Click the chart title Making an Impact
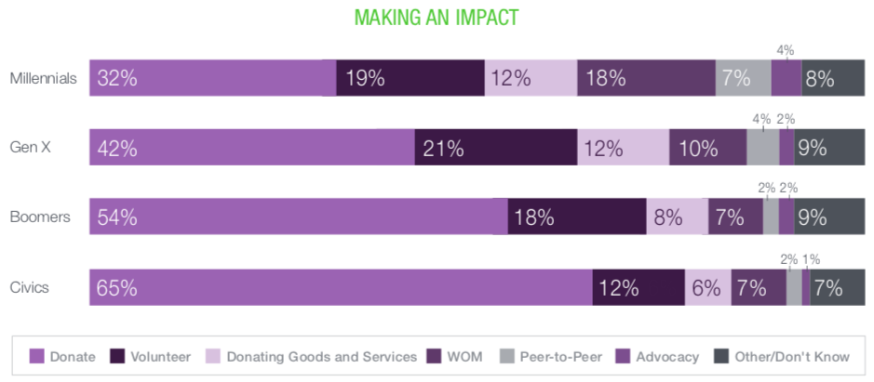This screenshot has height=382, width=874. pyautogui.click(x=437, y=18)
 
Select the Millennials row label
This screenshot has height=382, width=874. pyautogui.click(x=43, y=79)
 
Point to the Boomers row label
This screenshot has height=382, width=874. pyautogui.click(x=40, y=217)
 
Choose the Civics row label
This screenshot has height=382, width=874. pyautogui.click(x=29, y=287)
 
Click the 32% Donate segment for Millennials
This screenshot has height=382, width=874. pyautogui.click(x=213, y=79)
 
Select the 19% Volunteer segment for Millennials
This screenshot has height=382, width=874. pyautogui.click(x=410, y=79)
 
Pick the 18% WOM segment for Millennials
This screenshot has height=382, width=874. pyautogui.click(x=646, y=79)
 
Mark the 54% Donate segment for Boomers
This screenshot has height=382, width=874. pyautogui.click(x=298, y=217)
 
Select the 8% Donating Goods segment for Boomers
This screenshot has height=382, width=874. pyautogui.click(x=677, y=217)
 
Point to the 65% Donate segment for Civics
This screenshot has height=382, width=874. pyautogui.click(x=341, y=287)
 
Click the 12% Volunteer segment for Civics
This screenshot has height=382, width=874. pyautogui.click(x=639, y=287)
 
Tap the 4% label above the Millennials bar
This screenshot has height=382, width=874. pyautogui.click(x=785, y=50)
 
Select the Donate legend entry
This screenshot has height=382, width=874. pyautogui.click(x=62, y=357)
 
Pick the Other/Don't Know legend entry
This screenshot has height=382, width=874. pyautogui.click(x=781, y=357)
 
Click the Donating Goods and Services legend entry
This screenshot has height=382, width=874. pyautogui.click(x=312, y=357)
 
